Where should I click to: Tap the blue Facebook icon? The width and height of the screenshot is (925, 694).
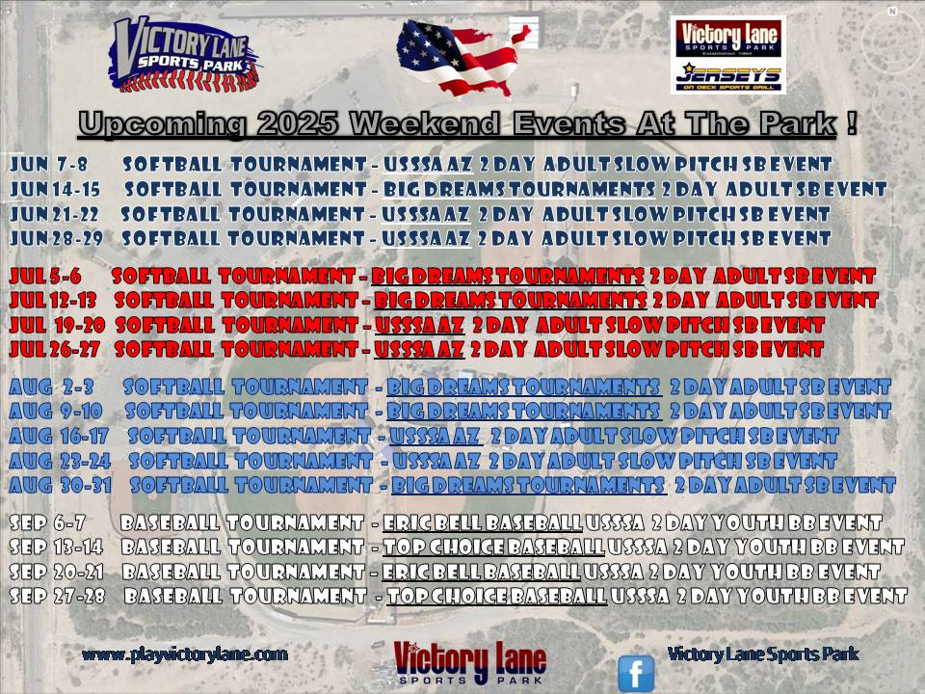coord(635,673)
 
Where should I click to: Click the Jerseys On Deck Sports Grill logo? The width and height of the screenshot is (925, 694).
coord(728,77)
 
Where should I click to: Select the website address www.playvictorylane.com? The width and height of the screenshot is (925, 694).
coord(185,654)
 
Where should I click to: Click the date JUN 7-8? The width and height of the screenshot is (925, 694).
coord(48,164)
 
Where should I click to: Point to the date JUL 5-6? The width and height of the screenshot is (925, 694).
coord(45,276)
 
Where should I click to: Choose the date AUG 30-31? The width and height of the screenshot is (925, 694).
coord(60,485)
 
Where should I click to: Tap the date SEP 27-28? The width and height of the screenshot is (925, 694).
coord(57,596)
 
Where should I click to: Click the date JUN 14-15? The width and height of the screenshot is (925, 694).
coord(55,189)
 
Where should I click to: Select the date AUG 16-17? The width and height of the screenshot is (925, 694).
coord(59,436)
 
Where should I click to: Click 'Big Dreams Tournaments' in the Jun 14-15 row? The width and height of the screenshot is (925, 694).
coord(519,189)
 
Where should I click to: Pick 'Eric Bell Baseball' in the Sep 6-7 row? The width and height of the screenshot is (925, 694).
coord(483,522)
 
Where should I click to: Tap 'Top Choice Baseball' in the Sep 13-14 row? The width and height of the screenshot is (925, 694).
coord(493,547)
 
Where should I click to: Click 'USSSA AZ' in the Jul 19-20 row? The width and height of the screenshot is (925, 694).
coord(419,325)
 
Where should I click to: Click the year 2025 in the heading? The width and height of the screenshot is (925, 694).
coord(298,124)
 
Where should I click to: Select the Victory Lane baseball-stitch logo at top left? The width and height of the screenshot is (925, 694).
coord(183,55)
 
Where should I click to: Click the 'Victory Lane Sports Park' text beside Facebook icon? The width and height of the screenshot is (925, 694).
coord(763,654)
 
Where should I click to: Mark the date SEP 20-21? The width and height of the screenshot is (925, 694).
coord(57,572)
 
